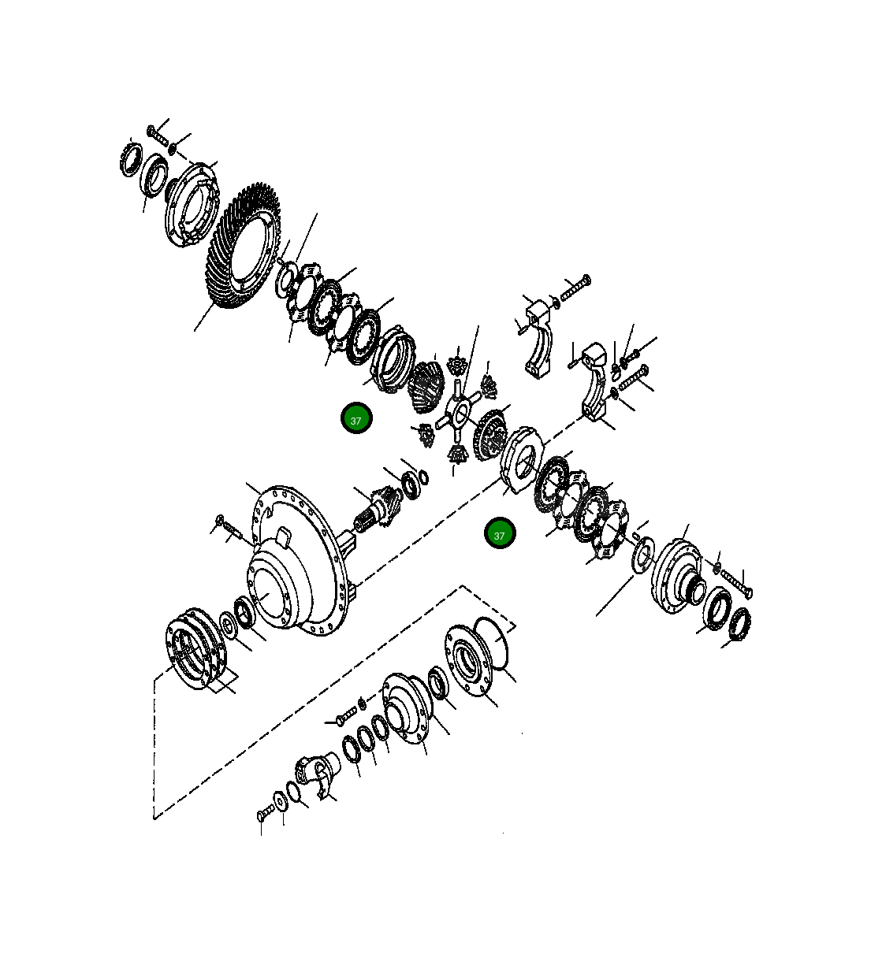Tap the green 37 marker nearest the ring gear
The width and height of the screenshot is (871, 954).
pyautogui.click(x=355, y=420)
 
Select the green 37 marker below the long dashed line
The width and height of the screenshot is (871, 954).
pyautogui.click(x=499, y=534)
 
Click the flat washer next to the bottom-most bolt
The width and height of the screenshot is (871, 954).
pyautogui.click(x=279, y=803)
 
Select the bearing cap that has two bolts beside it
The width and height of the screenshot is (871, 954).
pyautogui.click(x=594, y=382)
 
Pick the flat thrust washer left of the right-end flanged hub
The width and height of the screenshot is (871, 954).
pyautogui.click(x=642, y=553)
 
